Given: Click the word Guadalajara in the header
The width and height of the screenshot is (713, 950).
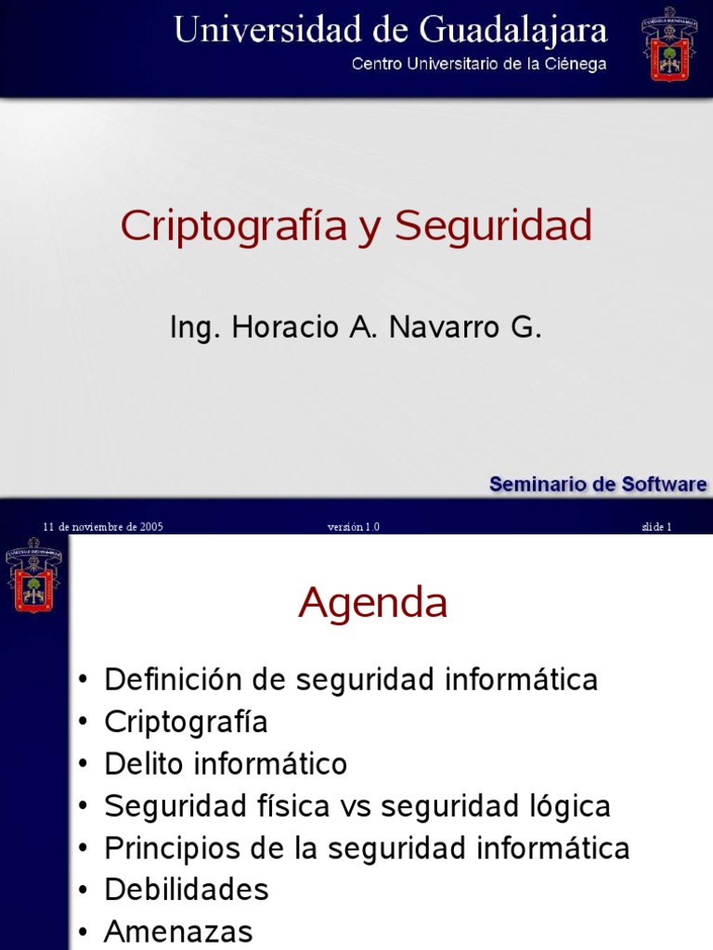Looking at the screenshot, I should (514, 31).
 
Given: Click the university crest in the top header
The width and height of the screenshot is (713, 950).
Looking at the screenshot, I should (668, 45).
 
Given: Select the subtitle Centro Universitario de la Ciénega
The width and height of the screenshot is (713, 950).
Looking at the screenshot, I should (478, 64).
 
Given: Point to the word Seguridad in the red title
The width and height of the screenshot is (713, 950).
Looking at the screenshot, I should (493, 226).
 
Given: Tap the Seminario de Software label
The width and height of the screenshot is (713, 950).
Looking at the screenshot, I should (597, 483).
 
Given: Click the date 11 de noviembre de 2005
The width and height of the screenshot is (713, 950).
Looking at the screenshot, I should (103, 527).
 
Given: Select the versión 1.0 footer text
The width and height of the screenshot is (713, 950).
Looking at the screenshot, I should (353, 527).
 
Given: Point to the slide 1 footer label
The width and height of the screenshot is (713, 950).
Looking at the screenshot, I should (655, 527).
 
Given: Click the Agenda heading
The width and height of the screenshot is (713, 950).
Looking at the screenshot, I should (372, 604).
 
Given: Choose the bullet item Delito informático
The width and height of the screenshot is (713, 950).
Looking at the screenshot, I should (226, 764).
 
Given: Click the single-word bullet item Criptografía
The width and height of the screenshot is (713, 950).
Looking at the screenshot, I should (186, 722).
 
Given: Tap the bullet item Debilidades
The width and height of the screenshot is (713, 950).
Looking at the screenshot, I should (187, 890).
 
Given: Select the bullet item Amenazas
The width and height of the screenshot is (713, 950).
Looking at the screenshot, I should (178, 931).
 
